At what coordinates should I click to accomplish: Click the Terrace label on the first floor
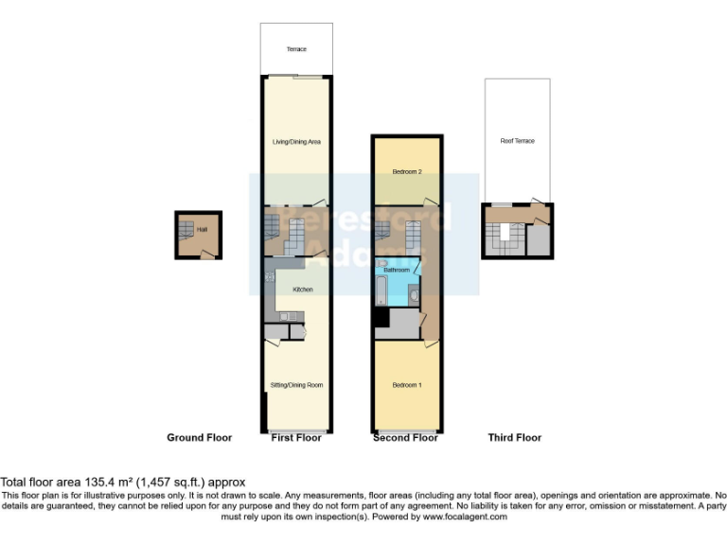tap(296, 49)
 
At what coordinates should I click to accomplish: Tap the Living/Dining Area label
tap(296, 142)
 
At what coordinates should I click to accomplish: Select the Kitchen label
tap(303, 290)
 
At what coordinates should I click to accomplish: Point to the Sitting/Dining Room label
tap(297, 385)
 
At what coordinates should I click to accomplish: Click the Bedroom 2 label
tap(407, 172)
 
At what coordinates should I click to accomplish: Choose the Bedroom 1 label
tap(407, 385)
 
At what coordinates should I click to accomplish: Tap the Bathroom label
tap(397, 270)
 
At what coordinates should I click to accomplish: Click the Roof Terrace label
tap(518, 141)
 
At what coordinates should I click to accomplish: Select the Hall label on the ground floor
tap(202, 228)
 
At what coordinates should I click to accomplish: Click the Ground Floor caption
tap(199, 438)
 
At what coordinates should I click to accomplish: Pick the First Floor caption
tap(296, 438)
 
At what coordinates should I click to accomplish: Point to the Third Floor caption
tap(514, 438)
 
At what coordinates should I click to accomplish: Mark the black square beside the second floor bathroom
tap(381, 320)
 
